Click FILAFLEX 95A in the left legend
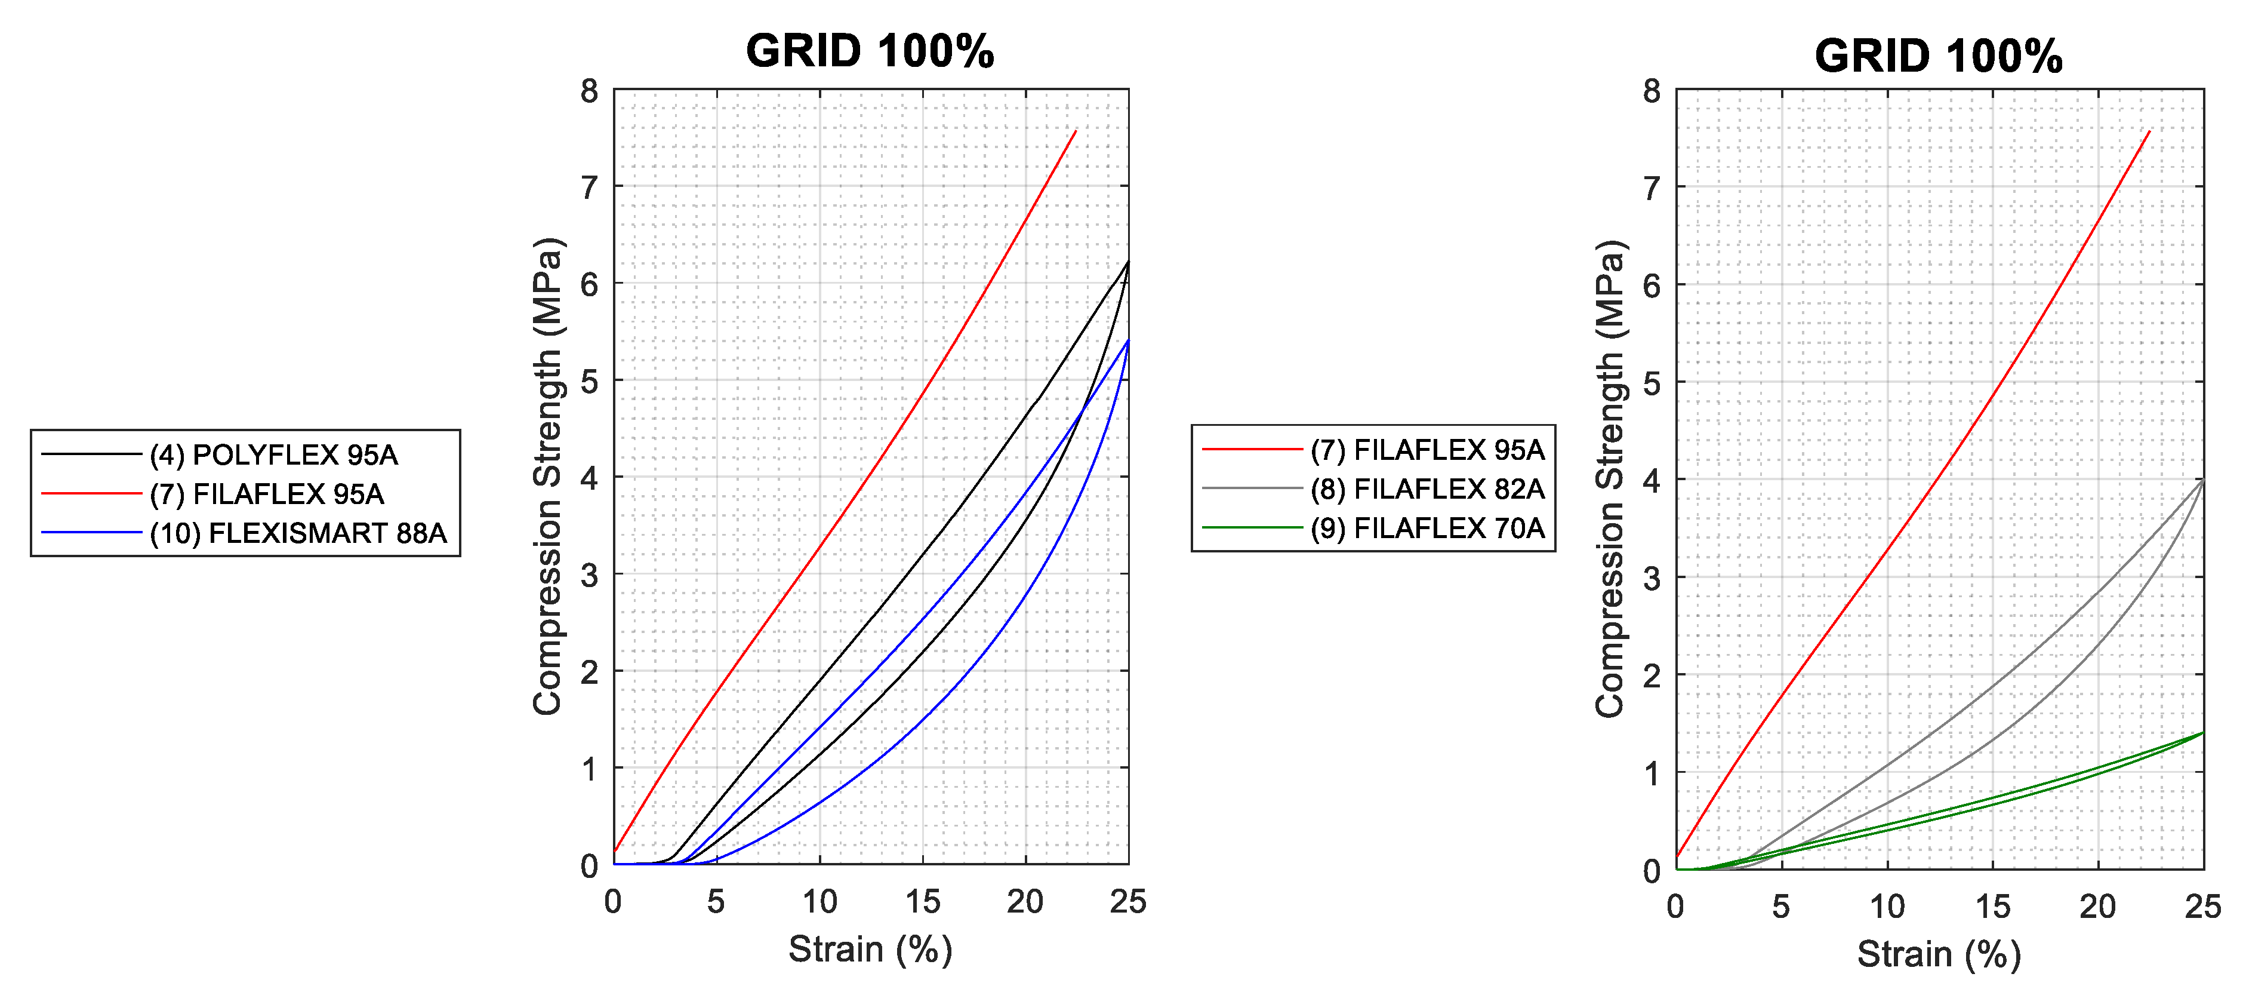pyautogui.click(x=266, y=494)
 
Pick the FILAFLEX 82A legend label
pyautogui.click(x=1427, y=489)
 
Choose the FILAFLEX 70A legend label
pyautogui.click(x=1427, y=527)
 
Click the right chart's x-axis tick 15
pyautogui.click(x=1992, y=907)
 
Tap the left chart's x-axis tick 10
pyautogui.click(x=819, y=902)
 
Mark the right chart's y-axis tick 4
pyautogui.click(x=1652, y=480)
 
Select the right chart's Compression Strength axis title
pyautogui.click(x=1610, y=478)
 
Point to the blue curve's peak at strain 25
pyautogui.click(x=1128, y=340)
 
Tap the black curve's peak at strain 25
pyautogui.click(x=1128, y=261)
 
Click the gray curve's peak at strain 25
pyautogui.click(x=2203, y=479)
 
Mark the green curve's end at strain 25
pyautogui.click(x=2203, y=733)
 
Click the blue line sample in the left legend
pyautogui.click(x=91, y=533)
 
